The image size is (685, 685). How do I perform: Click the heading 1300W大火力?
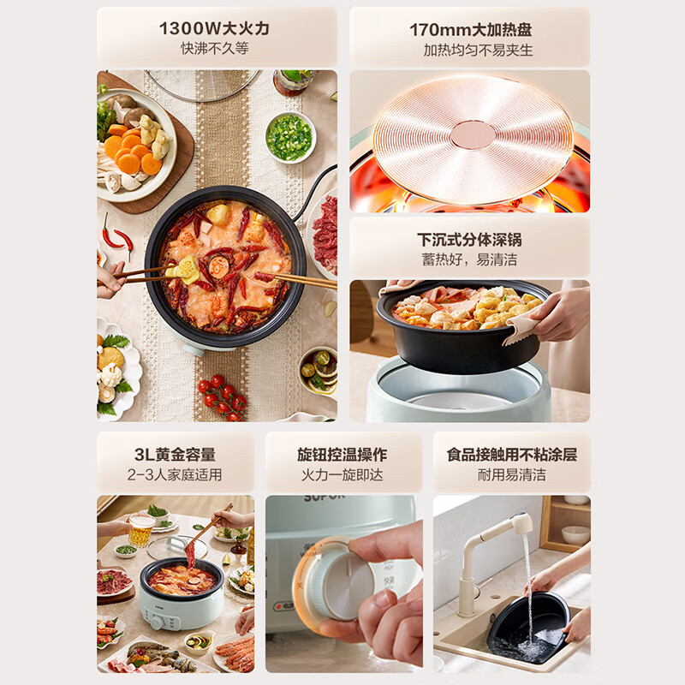[214, 27]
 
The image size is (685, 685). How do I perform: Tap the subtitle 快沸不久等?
[214, 49]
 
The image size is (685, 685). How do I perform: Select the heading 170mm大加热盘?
[470, 28]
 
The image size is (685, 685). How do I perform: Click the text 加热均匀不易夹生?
[470, 50]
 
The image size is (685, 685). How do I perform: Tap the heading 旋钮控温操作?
[342, 454]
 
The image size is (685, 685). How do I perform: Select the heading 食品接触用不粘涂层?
[512, 454]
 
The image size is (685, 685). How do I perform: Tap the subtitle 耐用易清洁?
[512, 474]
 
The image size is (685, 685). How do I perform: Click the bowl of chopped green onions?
[289, 135]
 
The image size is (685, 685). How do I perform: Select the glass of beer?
[141, 530]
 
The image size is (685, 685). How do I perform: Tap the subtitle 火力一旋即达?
[342, 474]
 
